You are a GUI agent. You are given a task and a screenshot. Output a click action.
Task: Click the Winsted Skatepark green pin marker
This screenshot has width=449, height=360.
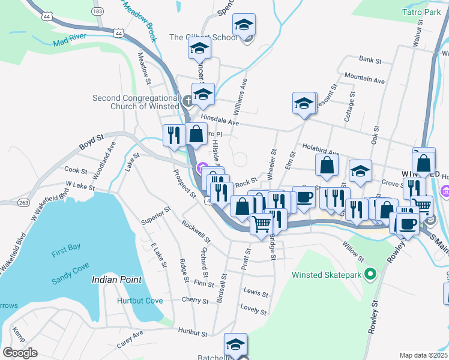click(371, 275)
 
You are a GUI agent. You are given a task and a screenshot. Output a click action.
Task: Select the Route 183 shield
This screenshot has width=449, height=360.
click(97, 11)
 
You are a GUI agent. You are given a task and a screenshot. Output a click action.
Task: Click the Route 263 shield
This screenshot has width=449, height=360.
click(23, 202)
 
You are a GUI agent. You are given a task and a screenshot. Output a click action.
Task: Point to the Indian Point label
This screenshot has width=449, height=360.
click(116, 280)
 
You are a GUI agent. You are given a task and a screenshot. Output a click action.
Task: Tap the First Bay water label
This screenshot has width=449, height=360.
click(66, 253)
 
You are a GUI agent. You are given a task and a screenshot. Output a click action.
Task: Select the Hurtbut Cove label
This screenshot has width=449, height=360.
click(139, 301)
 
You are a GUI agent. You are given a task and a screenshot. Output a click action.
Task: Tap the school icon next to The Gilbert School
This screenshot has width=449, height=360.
click(243, 26)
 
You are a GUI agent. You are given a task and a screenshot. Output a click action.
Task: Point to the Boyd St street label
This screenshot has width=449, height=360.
click(91, 143)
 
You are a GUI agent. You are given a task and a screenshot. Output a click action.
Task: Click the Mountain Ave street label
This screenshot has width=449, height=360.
click(364, 79)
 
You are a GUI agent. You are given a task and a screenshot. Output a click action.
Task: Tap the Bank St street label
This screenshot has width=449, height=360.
click(370, 60)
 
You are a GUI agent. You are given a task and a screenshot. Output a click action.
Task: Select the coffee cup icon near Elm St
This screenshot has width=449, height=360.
click(304, 197)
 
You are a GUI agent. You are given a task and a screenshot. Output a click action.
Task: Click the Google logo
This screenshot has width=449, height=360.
click(20, 353)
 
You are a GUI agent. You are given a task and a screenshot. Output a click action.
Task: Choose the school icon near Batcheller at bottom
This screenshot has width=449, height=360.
click(236, 344)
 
